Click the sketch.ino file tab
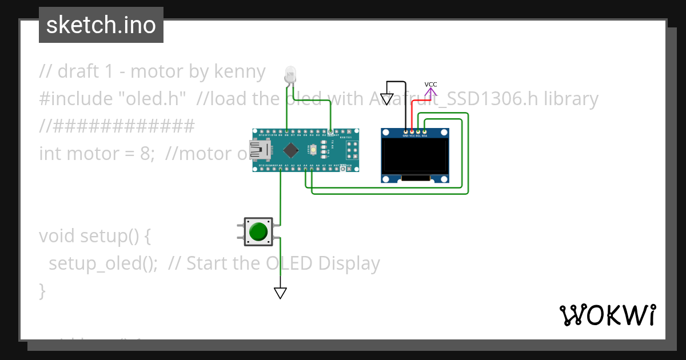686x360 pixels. click(101, 25)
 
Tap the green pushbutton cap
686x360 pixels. click(258, 231)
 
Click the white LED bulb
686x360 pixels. click(290, 74)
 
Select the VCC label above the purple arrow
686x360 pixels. click(430, 85)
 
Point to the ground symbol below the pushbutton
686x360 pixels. click(280, 293)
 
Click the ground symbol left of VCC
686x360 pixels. click(387, 99)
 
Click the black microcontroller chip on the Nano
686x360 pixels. click(291, 150)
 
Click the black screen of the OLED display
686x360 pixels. click(415, 157)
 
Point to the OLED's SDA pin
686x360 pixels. click(424, 132)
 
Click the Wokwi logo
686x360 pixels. click(607, 315)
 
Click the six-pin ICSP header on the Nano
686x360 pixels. click(351, 151)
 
